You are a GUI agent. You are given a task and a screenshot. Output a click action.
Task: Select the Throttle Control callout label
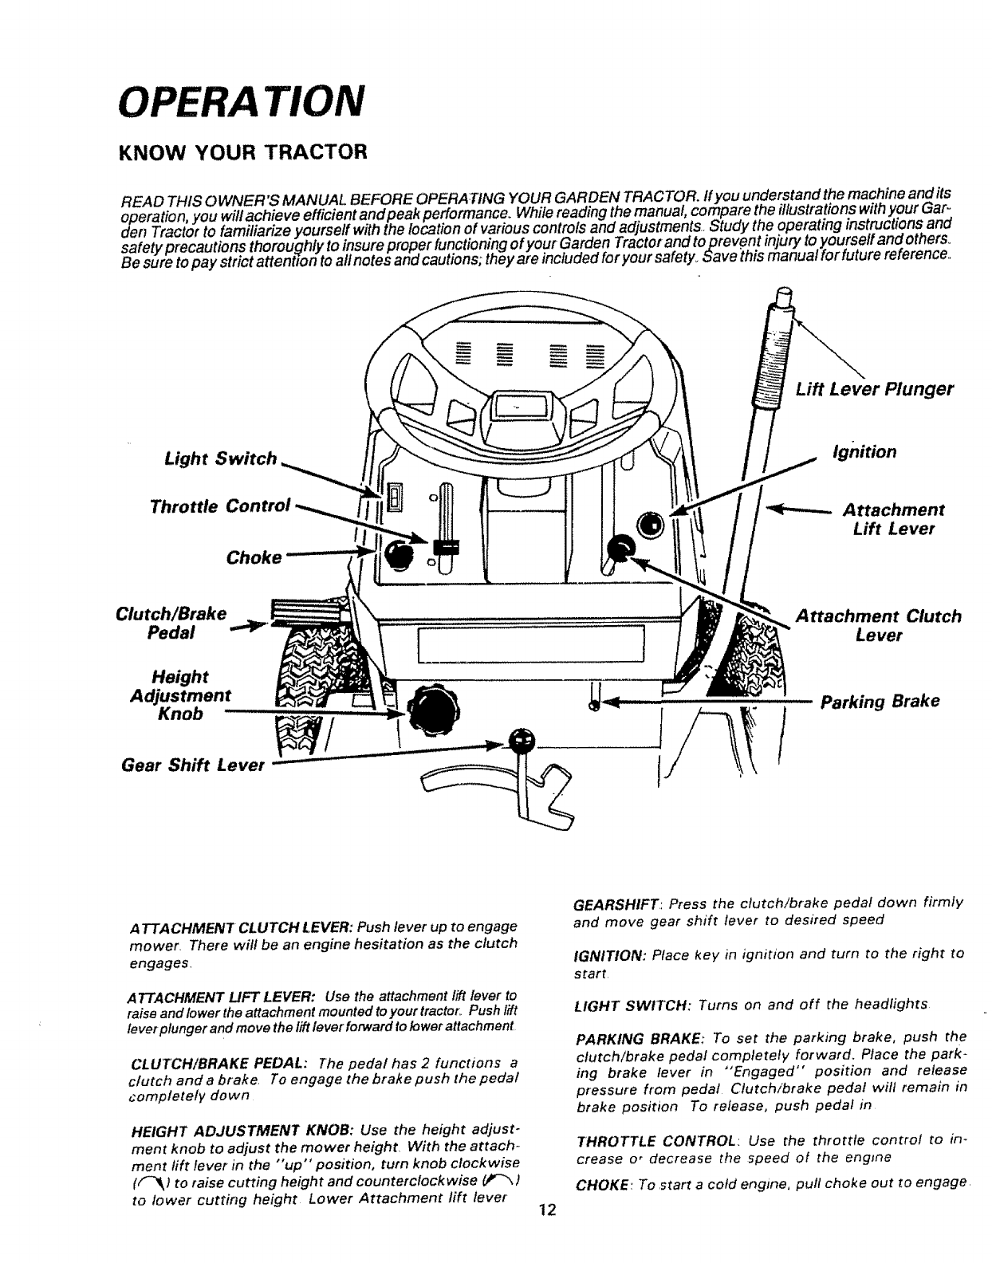point(220,506)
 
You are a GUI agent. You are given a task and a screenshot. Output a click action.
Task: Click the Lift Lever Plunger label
point(873,389)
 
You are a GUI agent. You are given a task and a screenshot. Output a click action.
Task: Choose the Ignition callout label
point(864,452)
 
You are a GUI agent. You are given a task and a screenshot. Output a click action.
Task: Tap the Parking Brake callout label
point(880,702)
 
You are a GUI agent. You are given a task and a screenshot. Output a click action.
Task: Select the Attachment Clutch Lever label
point(879,626)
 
